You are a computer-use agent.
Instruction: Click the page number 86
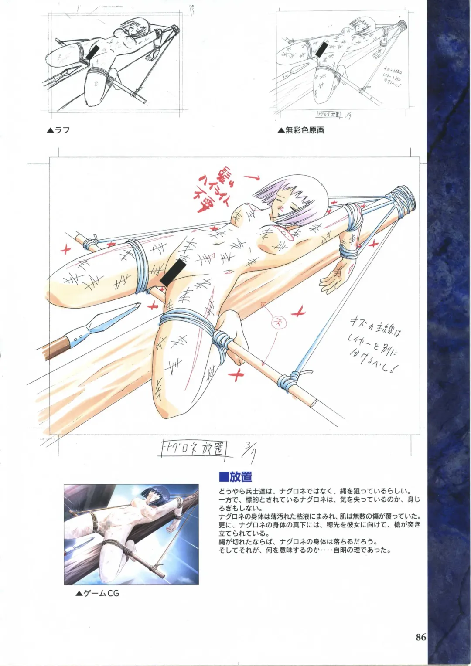coord(420,637)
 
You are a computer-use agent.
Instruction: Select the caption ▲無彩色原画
coord(300,130)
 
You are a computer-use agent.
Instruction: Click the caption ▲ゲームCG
coord(97,593)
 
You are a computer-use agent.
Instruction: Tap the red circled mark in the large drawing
coord(276,323)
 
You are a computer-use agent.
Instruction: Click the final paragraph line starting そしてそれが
coord(304,550)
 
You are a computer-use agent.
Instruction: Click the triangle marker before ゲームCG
coord(78,593)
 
